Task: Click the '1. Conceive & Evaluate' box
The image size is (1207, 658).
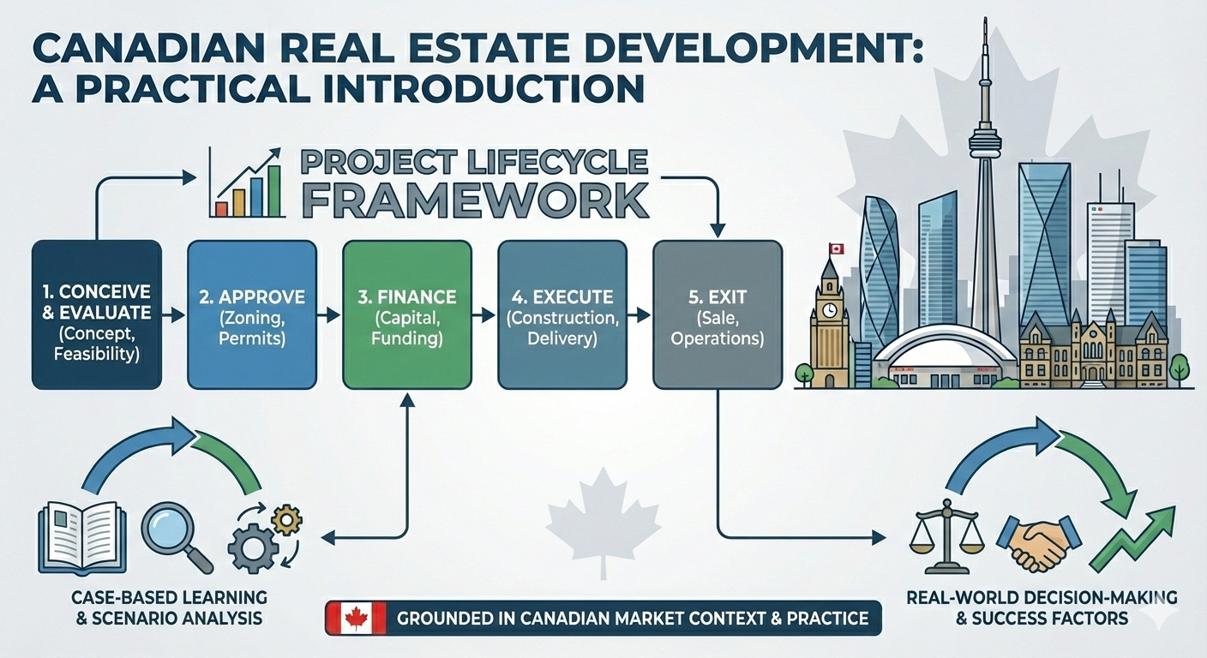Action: tap(96, 314)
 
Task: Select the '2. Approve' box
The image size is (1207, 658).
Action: tap(251, 314)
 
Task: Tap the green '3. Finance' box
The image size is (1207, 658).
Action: tap(406, 314)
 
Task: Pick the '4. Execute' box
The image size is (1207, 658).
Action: tap(561, 314)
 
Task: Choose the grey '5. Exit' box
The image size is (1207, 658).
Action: tap(717, 314)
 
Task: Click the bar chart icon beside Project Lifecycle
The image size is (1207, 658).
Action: tap(249, 183)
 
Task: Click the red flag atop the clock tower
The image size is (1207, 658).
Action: tap(836, 248)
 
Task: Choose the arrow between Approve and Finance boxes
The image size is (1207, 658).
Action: tap(327, 315)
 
